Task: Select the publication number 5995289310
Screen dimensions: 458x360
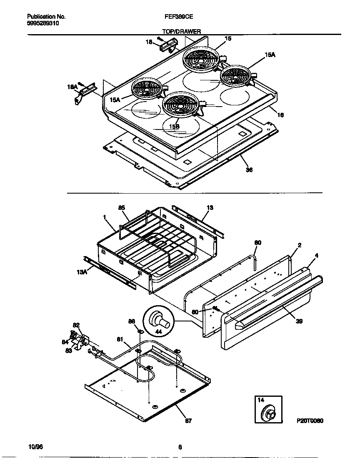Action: [x=43, y=24]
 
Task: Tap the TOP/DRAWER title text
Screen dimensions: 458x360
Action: [x=181, y=31]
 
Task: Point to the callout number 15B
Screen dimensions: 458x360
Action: [x=174, y=126]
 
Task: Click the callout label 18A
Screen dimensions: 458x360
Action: [x=72, y=87]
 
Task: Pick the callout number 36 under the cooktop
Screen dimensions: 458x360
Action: [x=249, y=169]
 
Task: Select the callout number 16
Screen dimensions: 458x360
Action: [x=280, y=115]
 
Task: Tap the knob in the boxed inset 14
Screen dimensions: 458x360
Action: [x=267, y=414]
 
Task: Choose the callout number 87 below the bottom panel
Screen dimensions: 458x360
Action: [x=188, y=421]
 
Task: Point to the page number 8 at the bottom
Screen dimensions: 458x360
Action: [x=180, y=447]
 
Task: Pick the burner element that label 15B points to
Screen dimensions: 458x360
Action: [x=180, y=105]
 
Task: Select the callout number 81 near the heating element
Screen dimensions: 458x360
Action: [x=120, y=340]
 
